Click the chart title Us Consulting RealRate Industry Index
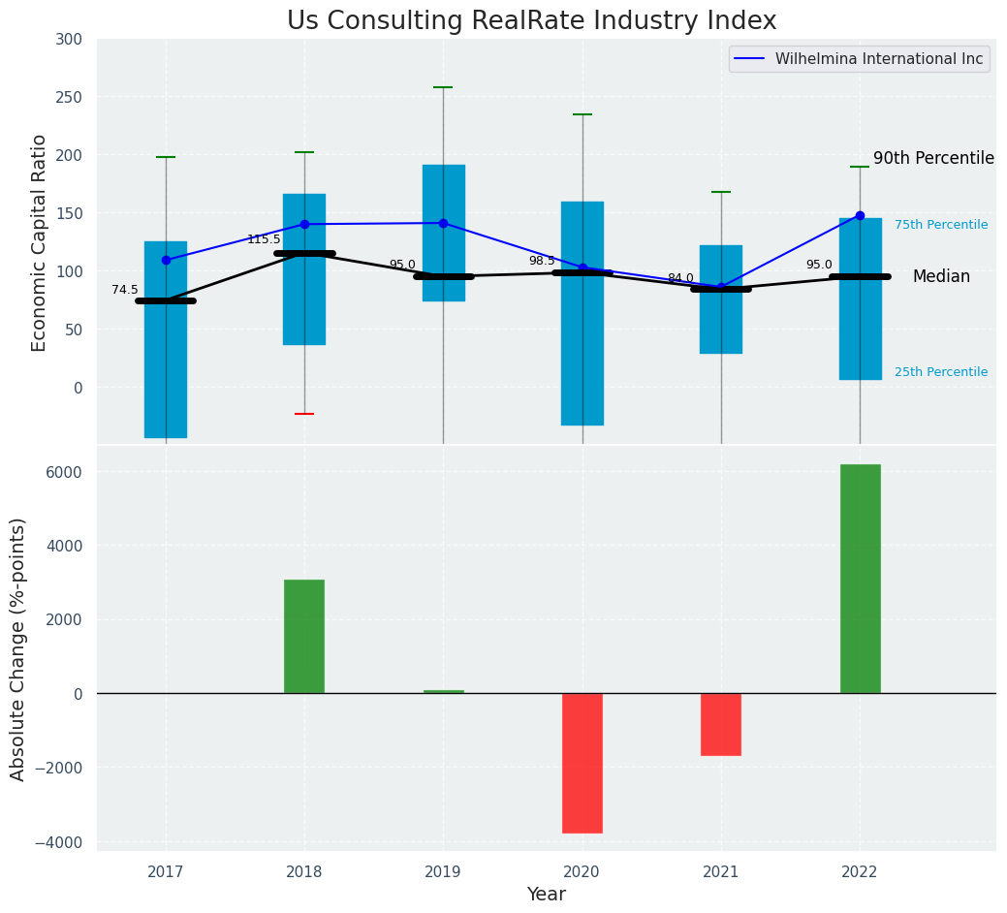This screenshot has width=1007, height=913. click(x=531, y=21)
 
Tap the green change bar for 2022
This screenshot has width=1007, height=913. click(x=860, y=579)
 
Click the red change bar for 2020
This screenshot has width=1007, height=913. click(x=582, y=763)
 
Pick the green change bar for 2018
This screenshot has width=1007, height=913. click(x=304, y=636)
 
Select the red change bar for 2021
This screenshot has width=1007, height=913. click(x=721, y=724)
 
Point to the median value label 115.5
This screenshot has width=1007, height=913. click(x=264, y=239)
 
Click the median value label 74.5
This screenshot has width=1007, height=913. click(x=125, y=290)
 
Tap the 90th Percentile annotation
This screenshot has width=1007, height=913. click(x=933, y=158)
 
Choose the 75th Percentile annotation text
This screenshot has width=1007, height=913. click(x=941, y=225)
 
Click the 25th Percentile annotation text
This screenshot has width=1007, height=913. click(x=941, y=372)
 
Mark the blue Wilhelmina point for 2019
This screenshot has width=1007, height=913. click(x=444, y=223)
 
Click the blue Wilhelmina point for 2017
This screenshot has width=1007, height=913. click(x=166, y=260)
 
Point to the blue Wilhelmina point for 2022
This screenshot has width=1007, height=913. click(x=860, y=215)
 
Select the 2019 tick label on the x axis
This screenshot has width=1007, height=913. click(x=444, y=872)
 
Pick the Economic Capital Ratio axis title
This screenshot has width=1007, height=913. click(x=40, y=242)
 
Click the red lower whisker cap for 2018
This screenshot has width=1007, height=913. click(x=304, y=414)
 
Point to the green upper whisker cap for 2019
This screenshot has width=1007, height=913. click(x=444, y=87)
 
